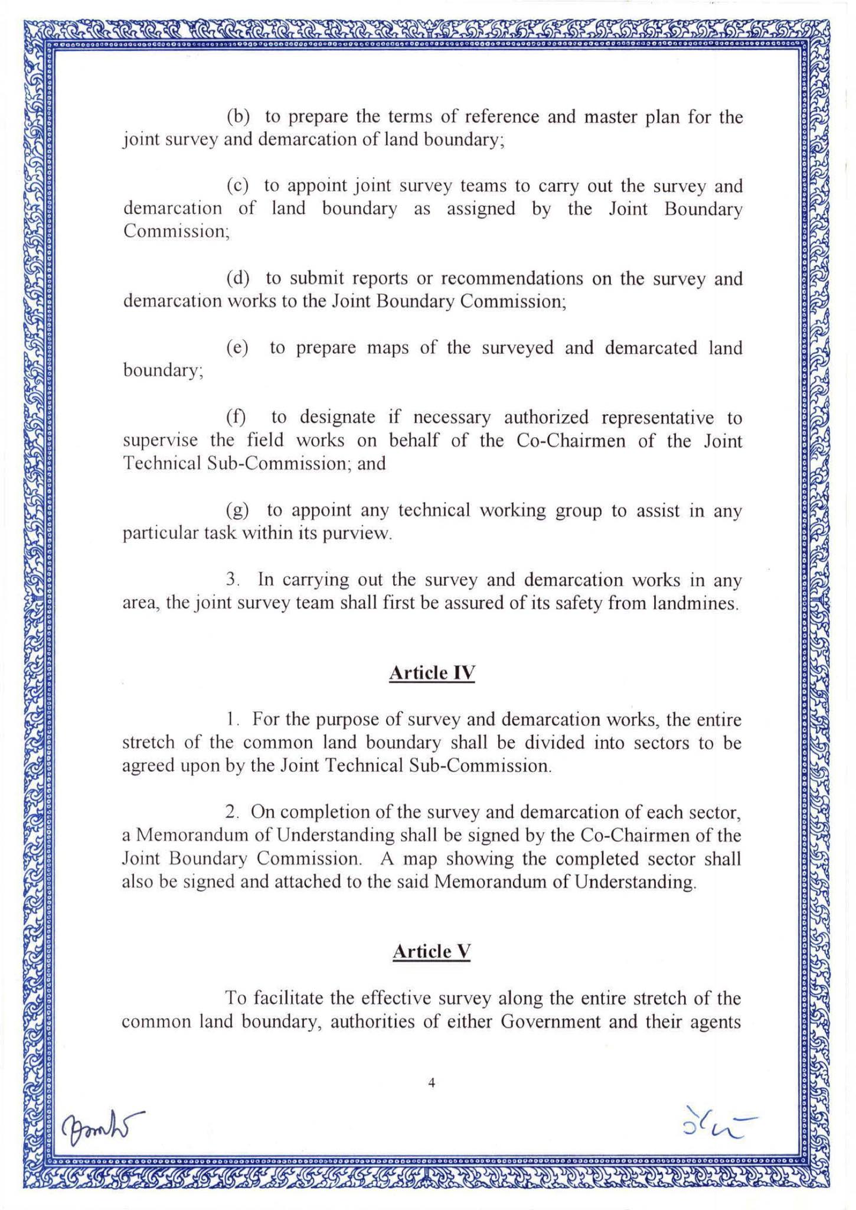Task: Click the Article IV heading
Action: pyautogui.click(x=432, y=673)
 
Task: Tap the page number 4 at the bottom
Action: pyautogui.click(x=432, y=1082)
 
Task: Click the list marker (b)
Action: pyautogui.click(x=238, y=116)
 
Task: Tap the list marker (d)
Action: pyautogui.click(x=238, y=278)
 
